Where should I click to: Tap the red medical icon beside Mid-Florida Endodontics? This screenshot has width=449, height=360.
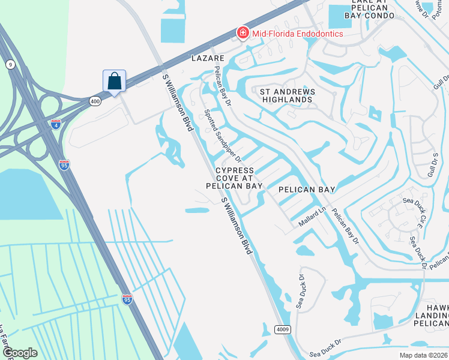coord(243,32)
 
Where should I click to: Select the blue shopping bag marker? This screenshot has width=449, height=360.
coord(114,81)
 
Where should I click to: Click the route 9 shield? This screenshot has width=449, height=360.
coord(10,64)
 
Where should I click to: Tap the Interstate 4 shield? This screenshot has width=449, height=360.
coord(55,124)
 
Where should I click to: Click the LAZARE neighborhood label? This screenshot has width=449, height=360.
coord(207,58)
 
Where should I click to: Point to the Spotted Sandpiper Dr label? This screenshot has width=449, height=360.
coord(222,136)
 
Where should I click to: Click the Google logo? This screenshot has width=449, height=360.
coord(19,353)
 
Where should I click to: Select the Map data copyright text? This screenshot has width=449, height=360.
coord(424,355)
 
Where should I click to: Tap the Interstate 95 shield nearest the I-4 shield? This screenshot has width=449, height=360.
coord(64,164)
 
